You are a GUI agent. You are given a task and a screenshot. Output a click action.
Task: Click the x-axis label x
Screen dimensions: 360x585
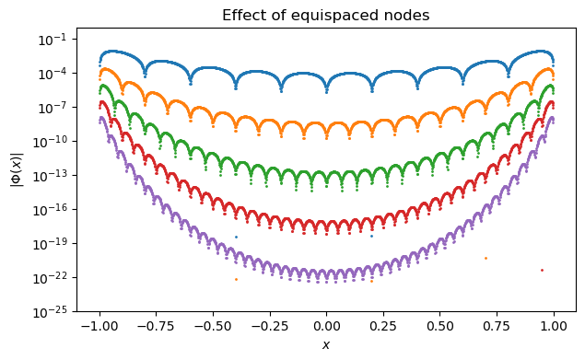click(x=326, y=345)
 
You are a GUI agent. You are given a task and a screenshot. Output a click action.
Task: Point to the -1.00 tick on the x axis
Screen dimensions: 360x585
click(x=97, y=326)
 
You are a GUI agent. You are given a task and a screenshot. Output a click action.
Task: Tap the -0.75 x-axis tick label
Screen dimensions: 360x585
click(x=154, y=326)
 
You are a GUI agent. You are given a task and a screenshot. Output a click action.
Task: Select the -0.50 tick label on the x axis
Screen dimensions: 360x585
click(x=211, y=326)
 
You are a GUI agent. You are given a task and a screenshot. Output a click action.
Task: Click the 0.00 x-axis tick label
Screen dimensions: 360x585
click(x=326, y=326)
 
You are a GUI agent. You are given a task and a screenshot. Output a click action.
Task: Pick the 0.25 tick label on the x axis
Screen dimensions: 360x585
click(x=383, y=326)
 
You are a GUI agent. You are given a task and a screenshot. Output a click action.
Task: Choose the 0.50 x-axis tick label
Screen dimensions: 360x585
click(x=440, y=326)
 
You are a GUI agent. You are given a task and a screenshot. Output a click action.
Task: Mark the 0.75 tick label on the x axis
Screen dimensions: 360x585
click(x=497, y=326)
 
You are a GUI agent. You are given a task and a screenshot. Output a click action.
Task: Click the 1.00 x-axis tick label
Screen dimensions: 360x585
click(x=555, y=326)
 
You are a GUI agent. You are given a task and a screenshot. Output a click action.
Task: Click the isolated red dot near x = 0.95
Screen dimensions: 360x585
click(x=542, y=270)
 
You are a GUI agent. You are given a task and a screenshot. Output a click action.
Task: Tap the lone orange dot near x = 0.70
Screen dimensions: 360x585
click(x=486, y=258)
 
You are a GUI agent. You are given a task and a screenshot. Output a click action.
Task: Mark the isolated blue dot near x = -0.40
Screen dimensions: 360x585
click(x=236, y=237)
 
